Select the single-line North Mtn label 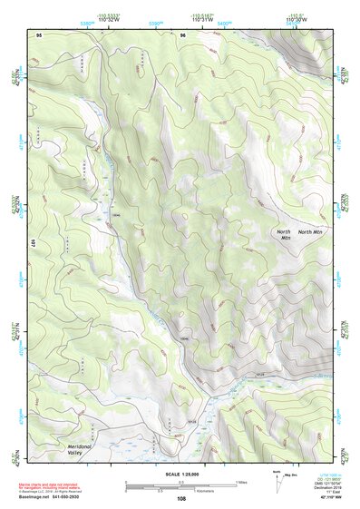pyautogui.click(x=310, y=232)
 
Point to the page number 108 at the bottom pyautogui.click(x=180, y=498)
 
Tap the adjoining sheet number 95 pyautogui.click(x=39, y=34)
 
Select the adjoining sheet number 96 pyautogui.click(x=182, y=34)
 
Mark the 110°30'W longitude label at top pyautogui.click(x=296, y=19)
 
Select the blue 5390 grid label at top pyautogui.click(x=154, y=24)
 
